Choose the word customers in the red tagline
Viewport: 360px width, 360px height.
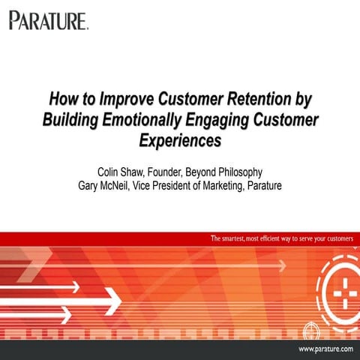tap(332, 239)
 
